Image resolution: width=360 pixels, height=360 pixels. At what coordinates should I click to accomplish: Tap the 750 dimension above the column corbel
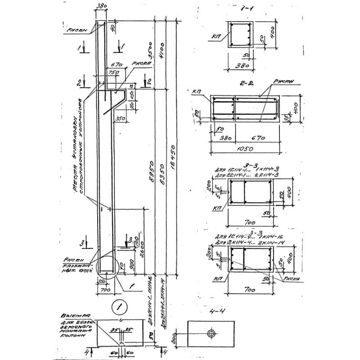[113, 73]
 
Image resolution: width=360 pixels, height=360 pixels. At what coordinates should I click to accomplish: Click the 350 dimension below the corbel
[119, 119]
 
